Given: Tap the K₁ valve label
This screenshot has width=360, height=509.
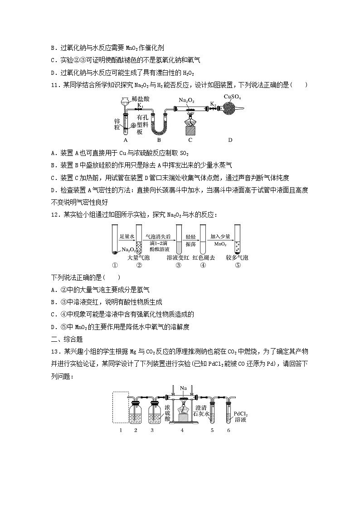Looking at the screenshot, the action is pos(141,105).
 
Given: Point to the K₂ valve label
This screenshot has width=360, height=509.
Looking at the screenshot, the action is pos(213,104).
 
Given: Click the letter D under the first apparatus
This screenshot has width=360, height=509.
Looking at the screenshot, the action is pos(230,140).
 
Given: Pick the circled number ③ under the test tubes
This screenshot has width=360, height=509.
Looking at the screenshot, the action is pos(179,266).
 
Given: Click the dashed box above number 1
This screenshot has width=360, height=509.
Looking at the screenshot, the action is pos(120,408).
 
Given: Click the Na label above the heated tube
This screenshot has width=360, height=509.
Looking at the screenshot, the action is pos(183,388).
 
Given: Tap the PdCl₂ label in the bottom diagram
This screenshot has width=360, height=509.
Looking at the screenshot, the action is pos(241,414).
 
